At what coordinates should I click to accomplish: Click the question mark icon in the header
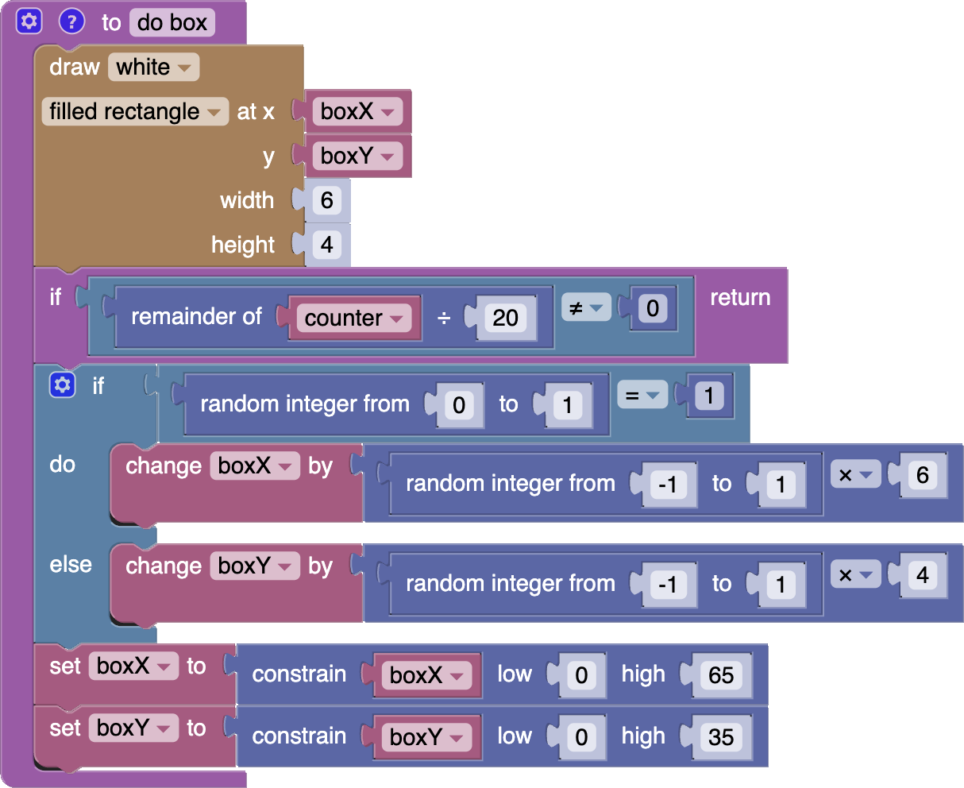coord(71,21)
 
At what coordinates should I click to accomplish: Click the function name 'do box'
coord(172,22)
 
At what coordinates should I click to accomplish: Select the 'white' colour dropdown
coord(154,68)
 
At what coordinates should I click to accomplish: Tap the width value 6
coord(326,200)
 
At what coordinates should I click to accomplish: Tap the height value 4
coord(326,245)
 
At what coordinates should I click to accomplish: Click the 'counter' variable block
coord(354,318)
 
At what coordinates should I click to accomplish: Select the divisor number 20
coord(505,318)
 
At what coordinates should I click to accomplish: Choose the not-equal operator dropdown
coord(586,307)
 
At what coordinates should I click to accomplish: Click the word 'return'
coord(740,298)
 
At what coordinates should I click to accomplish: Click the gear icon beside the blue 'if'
coord(61,386)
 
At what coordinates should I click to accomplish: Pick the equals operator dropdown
coord(642,395)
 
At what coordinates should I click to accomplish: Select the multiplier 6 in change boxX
coord(923,475)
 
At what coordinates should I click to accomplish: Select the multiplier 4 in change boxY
coord(923,575)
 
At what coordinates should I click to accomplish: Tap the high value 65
coord(720,675)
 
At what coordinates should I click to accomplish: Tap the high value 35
coord(720,737)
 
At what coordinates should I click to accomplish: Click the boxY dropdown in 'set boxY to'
coord(133,728)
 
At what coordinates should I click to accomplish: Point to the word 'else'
coord(71,565)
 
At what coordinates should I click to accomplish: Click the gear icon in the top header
coord(29,21)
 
